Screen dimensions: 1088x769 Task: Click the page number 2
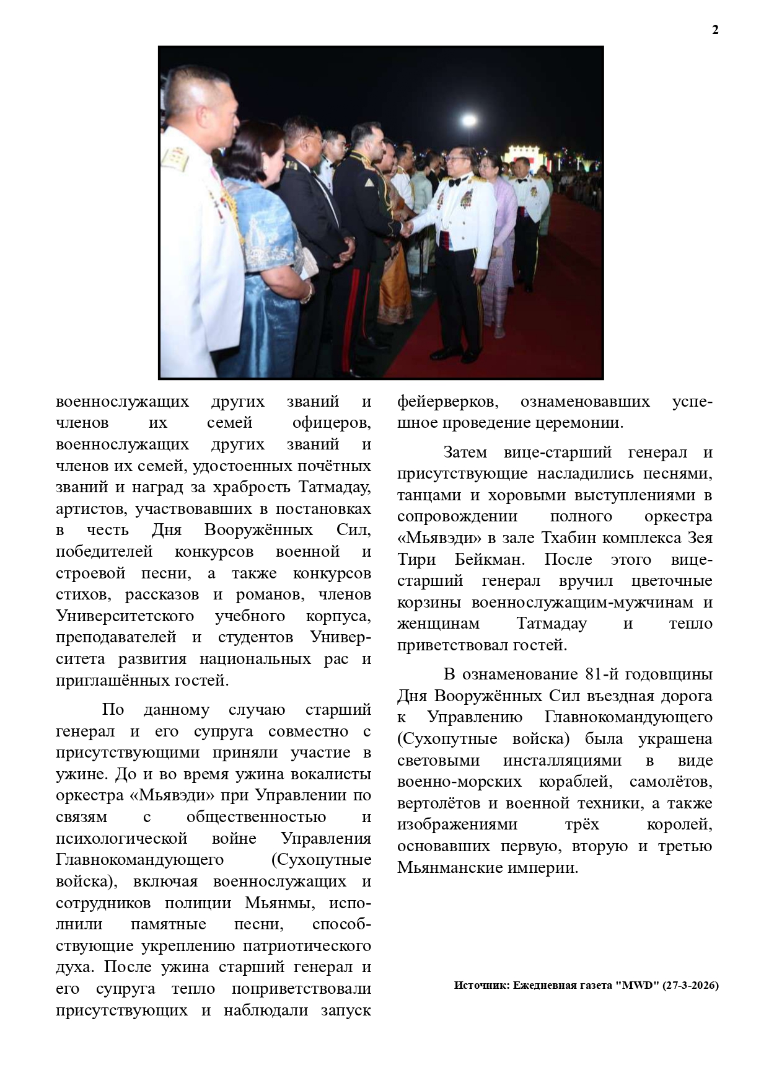[715, 30]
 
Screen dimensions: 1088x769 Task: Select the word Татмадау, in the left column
[335, 487]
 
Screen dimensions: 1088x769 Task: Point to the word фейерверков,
[447, 402]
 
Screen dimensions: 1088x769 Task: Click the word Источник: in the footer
[481, 985]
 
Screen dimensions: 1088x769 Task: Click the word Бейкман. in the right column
[490, 560]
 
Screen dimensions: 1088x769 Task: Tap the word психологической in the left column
[121, 839]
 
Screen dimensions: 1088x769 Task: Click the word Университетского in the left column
[125, 616]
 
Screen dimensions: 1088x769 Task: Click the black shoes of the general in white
[455, 355]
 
